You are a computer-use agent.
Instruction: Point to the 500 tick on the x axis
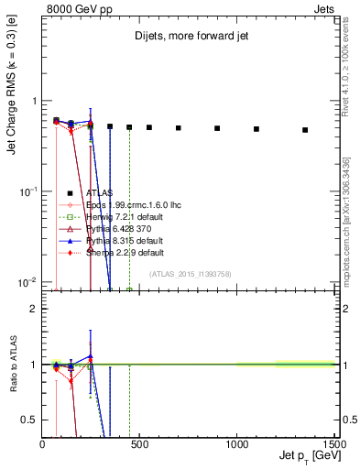[x=139, y=443]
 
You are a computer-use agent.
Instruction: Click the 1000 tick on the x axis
[x=236, y=443]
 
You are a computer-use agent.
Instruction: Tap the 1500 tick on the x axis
[x=333, y=443]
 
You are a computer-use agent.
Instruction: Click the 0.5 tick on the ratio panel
[x=30, y=419]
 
